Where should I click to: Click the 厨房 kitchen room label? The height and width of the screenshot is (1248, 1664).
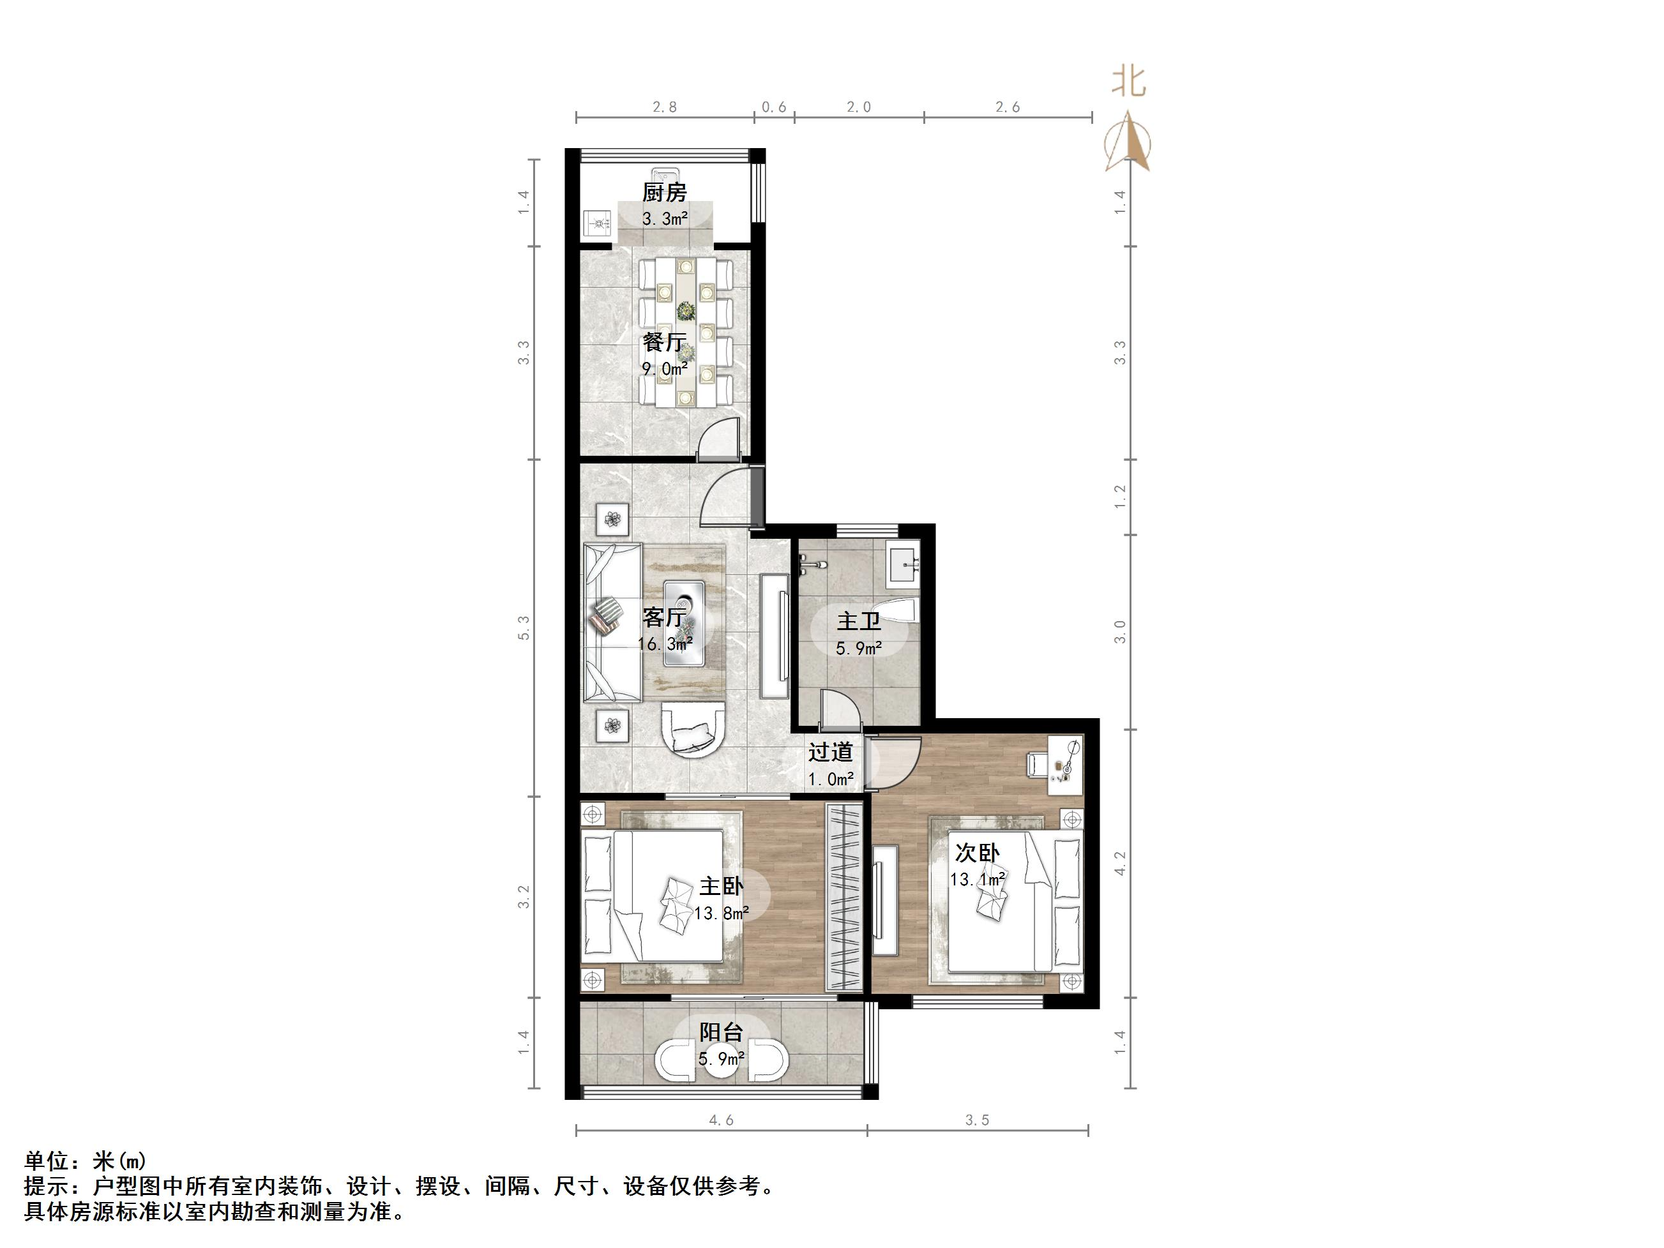click(x=663, y=193)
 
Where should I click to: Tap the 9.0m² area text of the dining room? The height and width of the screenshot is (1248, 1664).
click(x=664, y=368)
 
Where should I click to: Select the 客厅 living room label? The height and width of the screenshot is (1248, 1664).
click(x=663, y=617)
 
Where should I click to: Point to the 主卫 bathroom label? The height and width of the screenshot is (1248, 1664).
click(x=858, y=621)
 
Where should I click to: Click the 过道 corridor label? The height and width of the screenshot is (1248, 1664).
click(x=831, y=751)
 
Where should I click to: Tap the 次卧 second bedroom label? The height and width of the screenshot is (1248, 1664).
click(x=976, y=852)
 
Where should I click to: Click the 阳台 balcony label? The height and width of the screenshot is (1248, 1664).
click(x=722, y=1032)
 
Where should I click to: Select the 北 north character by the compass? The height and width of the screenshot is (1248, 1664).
click(x=1128, y=81)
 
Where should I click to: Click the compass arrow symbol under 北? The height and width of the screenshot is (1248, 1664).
click(x=1128, y=143)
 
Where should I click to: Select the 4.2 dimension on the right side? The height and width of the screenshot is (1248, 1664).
click(x=1120, y=863)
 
